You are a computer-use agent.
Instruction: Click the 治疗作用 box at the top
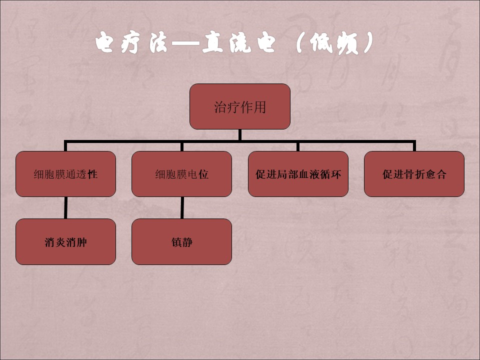(240, 106)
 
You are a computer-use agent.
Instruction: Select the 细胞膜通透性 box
(65, 174)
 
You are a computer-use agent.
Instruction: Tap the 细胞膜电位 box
(181, 174)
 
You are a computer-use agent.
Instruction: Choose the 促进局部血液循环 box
(298, 174)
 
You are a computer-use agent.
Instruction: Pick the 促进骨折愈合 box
(414, 174)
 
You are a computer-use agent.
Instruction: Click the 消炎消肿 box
(65, 242)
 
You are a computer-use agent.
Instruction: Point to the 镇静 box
(181, 242)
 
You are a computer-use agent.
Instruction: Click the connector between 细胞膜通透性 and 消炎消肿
(65, 207)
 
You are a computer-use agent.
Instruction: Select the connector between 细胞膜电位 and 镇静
(182, 207)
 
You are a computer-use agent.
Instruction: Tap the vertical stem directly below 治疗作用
(240, 134)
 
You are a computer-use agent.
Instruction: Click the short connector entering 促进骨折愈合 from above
(414, 146)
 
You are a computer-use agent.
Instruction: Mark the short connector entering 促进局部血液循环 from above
(298, 146)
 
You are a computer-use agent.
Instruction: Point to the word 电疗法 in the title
(131, 42)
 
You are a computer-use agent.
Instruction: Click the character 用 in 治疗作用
(260, 107)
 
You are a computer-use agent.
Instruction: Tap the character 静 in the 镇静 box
(187, 242)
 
